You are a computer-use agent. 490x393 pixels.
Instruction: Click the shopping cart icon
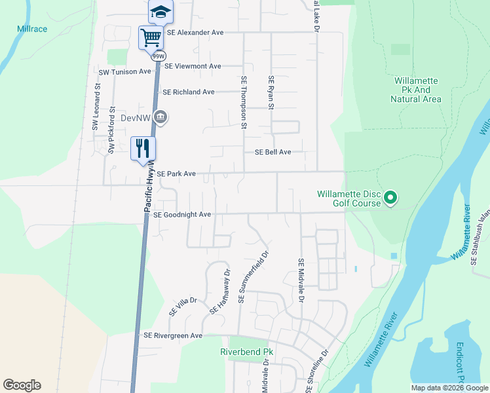tap(151, 37)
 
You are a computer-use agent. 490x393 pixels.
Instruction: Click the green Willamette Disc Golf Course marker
tap(390, 197)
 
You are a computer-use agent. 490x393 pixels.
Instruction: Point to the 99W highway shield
tap(159, 56)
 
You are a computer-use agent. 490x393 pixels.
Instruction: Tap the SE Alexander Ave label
tap(195, 32)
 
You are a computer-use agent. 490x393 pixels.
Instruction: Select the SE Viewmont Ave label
tap(193, 66)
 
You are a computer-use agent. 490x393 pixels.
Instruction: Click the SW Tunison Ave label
tap(125, 71)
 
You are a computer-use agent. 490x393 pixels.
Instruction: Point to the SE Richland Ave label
tap(189, 92)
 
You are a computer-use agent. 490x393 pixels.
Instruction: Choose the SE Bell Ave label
tap(273, 152)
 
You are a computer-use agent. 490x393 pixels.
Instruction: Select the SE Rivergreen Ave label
tap(173, 335)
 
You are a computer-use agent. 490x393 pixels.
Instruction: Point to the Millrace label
tap(32, 29)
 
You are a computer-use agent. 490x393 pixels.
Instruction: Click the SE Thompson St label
tap(244, 102)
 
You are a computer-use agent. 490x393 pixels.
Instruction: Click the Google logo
tap(22, 385)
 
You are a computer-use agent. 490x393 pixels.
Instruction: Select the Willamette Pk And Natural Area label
tap(416, 90)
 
